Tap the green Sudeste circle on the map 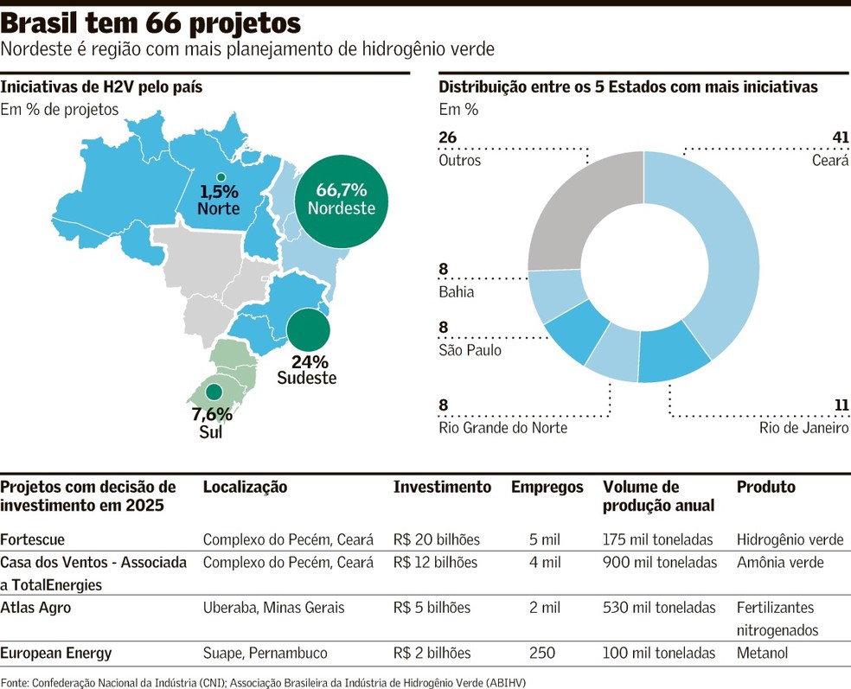[308, 330]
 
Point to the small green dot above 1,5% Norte [220, 178]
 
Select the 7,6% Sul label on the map [211, 423]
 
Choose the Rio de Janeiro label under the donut [803, 428]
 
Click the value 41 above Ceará [839, 138]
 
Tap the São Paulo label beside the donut [470, 350]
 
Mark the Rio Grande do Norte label [502, 428]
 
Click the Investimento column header [442, 488]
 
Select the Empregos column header [547, 488]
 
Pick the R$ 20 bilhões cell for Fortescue [436, 539]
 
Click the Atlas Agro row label [35, 608]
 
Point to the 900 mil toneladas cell [659, 563]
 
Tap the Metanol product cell [762, 653]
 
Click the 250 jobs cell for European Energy [542, 653]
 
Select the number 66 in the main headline [172, 22]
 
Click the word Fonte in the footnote [15, 681]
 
